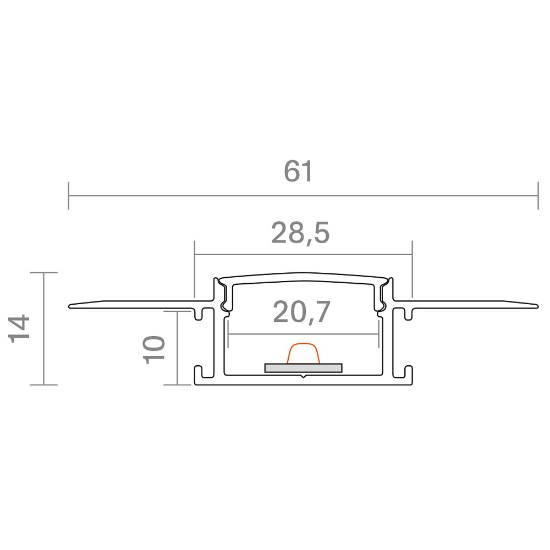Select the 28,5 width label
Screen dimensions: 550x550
click(x=301, y=233)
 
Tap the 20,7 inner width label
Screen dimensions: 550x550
click(x=301, y=312)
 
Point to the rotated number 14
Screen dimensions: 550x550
click(x=19, y=329)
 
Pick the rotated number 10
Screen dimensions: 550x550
click(x=154, y=350)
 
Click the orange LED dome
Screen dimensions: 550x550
click(x=304, y=353)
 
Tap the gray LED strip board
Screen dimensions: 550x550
click(x=304, y=367)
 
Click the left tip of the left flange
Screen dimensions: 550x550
click(x=69, y=306)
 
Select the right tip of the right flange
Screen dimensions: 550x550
click(x=537, y=306)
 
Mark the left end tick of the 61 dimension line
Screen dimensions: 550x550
click(x=68, y=196)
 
